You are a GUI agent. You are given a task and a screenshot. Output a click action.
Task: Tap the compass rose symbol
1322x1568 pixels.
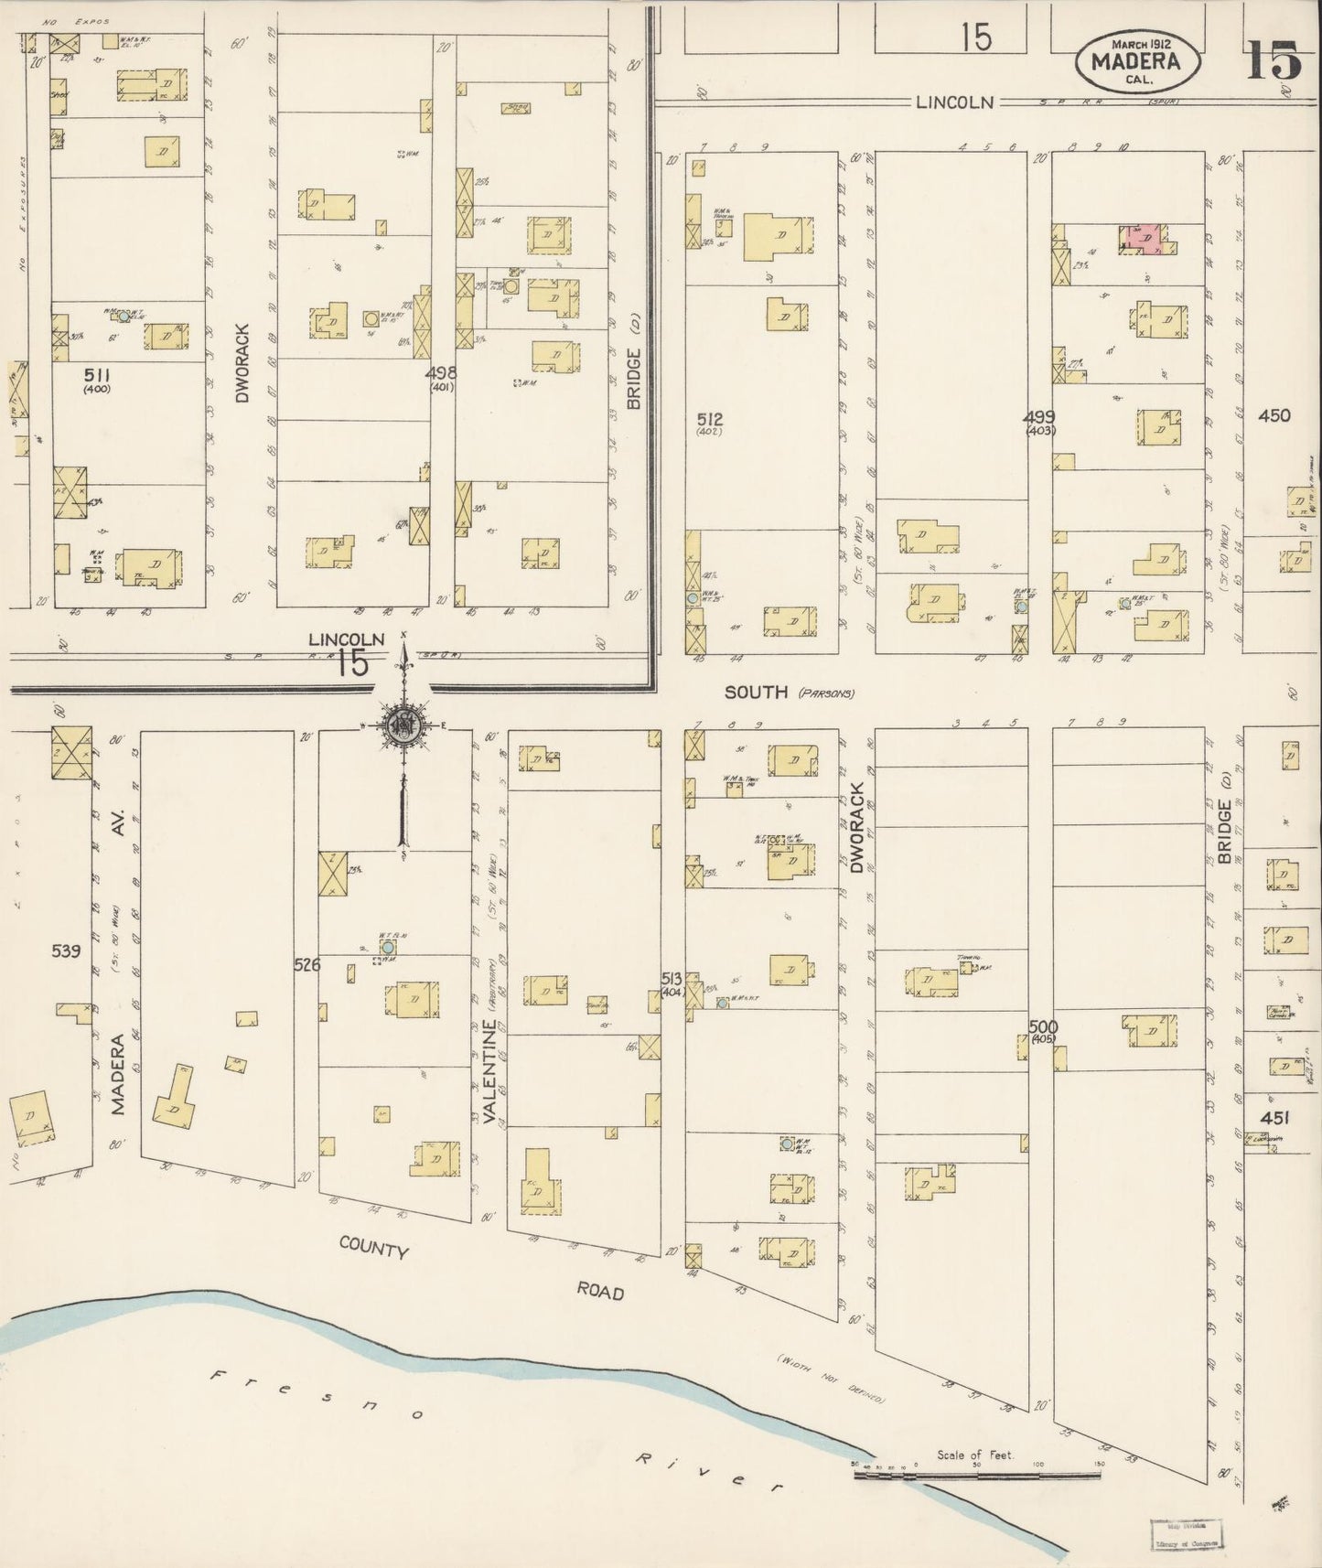(x=403, y=727)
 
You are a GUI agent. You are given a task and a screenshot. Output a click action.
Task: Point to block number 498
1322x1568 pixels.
(x=442, y=373)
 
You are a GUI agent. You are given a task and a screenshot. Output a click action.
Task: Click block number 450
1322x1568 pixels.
(x=1273, y=415)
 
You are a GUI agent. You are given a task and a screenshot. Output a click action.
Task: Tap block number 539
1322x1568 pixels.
(x=65, y=950)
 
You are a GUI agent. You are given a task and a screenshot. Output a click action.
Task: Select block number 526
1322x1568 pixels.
(x=306, y=963)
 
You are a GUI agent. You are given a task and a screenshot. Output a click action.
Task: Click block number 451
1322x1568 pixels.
(x=1274, y=1117)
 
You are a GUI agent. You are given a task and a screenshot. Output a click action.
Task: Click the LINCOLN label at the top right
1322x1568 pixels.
(x=954, y=102)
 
